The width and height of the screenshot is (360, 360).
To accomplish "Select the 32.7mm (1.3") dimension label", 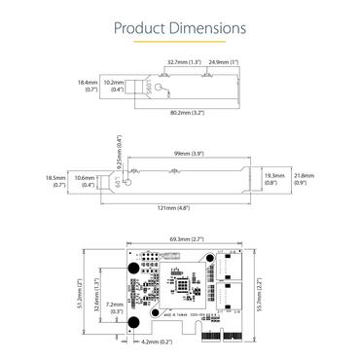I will coord(184,61).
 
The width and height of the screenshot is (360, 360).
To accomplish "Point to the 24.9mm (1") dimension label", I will coord(226,61).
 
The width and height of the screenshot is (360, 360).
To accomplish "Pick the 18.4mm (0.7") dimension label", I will coord(88,87).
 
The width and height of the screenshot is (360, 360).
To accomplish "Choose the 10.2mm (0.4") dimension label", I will coord(116,87).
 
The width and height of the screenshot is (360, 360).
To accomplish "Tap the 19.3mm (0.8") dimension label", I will coord(274,178).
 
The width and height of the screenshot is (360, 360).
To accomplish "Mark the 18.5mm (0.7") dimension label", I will coord(54,182).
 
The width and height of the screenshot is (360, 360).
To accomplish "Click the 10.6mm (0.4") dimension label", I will coord(85,182).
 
